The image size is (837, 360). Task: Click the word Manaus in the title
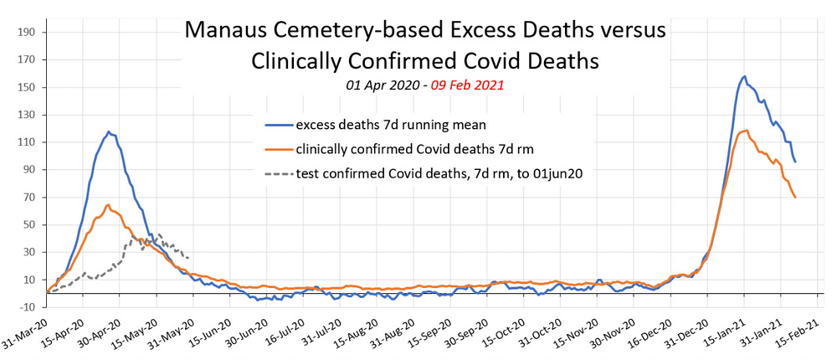[221, 31]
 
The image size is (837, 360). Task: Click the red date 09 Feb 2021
[468, 85]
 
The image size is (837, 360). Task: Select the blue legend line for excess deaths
[277, 126]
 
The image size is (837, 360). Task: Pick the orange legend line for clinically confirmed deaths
[277, 151]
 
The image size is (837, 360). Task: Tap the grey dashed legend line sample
[277, 175]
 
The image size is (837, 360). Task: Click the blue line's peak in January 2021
[744, 77]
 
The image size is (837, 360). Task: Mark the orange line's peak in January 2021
[742, 131]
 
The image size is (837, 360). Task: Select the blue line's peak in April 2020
[108, 132]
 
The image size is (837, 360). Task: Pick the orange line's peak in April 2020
[108, 204]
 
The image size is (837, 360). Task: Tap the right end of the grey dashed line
[188, 257]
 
